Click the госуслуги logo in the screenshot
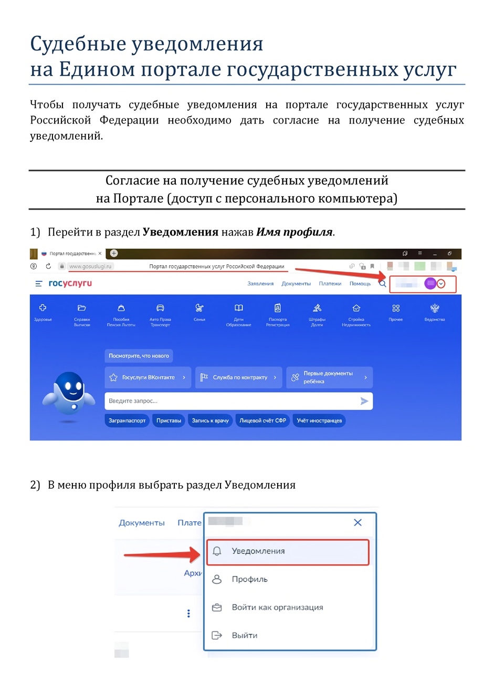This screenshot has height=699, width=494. click(70, 283)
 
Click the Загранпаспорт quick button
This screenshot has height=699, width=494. click(127, 420)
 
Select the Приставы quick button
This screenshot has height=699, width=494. click(169, 420)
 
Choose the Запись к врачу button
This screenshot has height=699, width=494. click(210, 420)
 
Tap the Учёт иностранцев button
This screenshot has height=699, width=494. click(319, 420)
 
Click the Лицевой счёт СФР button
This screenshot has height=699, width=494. click(262, 420)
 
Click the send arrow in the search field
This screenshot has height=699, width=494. click(364, 401)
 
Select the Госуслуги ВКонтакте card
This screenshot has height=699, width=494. click(148, 377)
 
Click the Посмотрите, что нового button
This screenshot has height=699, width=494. click(139, 356)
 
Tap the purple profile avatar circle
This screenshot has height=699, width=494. click(430, 283)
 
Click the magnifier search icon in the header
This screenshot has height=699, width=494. click(383, 284)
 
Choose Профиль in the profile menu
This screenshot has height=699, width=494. click(250, 579)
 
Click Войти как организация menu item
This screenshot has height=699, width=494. click(277, 608)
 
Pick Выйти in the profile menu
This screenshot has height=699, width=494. click(245, 635)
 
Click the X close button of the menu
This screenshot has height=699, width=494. click(358, 522)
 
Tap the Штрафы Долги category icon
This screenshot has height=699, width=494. click(317, 309)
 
